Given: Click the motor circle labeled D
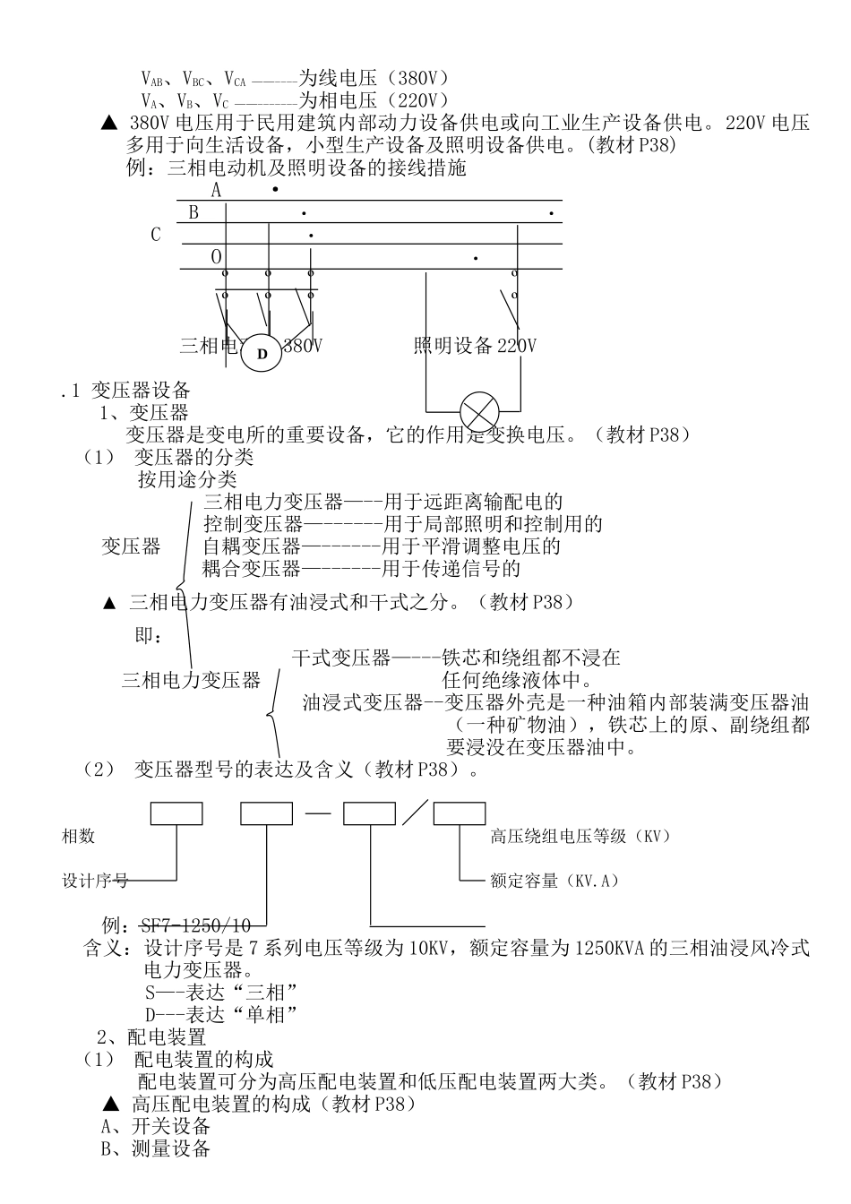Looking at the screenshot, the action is click(x=262, y=354).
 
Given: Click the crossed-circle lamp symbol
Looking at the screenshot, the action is click(x=479, y=413).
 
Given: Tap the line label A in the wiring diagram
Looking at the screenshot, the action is click(x=216, y=190).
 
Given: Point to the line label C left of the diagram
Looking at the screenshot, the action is click(x=156, y=235).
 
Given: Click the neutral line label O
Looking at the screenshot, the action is click(x=216, y=257).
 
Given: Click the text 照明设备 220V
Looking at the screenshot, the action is click(x=475, y=346).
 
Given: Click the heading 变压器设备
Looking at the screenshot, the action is click(x=141, y=391).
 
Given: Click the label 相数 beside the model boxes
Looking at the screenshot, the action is click(x=78, y=837).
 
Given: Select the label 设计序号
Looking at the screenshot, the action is click(x=94, y=881).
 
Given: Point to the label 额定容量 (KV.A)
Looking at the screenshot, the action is click(x=554, y=881).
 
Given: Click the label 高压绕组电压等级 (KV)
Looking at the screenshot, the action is click(x=580, y=837).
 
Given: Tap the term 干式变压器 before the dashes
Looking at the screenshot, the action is click(x=341, y=658).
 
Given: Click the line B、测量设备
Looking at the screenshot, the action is click(x=156, y=1148).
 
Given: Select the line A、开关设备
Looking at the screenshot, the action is click(x=156, y=1126).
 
